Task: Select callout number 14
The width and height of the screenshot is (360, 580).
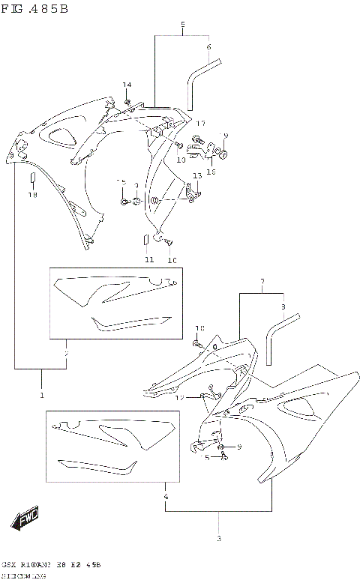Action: (127, 85)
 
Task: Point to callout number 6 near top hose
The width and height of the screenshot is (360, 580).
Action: (209, 47)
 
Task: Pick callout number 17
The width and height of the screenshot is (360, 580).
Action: (200, 123)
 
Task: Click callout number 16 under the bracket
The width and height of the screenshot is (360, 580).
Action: (211, 172)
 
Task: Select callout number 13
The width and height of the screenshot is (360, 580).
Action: (196, 175)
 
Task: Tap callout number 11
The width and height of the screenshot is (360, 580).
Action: (149, 259)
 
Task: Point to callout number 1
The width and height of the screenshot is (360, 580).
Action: (41, 394)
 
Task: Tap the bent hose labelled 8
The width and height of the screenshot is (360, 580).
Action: (278, 336)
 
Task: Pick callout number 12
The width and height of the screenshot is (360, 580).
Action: (179, 398)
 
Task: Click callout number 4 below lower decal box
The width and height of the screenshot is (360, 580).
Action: (164, 497)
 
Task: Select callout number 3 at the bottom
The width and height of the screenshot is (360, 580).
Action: (218, 539)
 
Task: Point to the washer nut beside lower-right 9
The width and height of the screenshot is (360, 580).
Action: (223, 447)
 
